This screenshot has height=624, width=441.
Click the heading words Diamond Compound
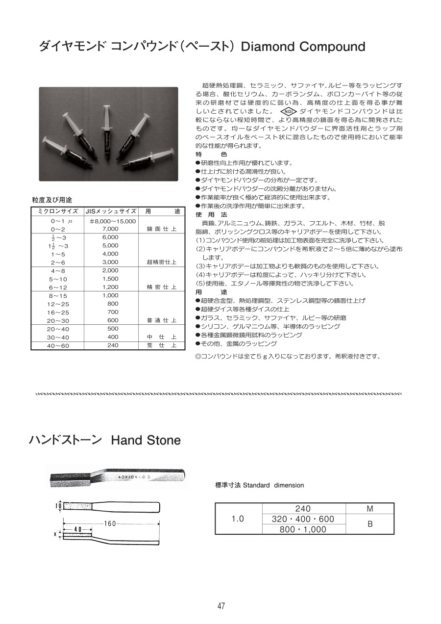pos(304,47)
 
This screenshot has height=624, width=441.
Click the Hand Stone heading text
pos(146,440)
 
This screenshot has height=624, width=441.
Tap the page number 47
pos(221,606)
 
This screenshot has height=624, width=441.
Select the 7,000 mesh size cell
pos(110,229)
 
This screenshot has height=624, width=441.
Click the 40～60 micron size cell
pos(58,345)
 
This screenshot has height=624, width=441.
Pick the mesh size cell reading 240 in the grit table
pos(112,345)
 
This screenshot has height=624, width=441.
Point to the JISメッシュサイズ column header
pos(111,211)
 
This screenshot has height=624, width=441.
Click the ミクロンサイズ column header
pos(58,211)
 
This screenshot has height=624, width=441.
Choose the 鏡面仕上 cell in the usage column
pos(161,229)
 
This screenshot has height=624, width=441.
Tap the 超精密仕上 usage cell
pos(161,262)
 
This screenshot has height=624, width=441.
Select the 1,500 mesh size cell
pos(110,279)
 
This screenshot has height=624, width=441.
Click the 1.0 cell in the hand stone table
pos(238,519)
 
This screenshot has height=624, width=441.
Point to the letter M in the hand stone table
pos(370,509)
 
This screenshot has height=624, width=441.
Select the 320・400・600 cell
pos(303,519)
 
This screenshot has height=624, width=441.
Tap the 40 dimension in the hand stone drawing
pos(77,530)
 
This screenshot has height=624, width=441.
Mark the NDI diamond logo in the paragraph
pos(289,111)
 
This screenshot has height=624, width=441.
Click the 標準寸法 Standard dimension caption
pos(259,485)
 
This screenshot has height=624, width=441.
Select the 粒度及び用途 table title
pos(52,200)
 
